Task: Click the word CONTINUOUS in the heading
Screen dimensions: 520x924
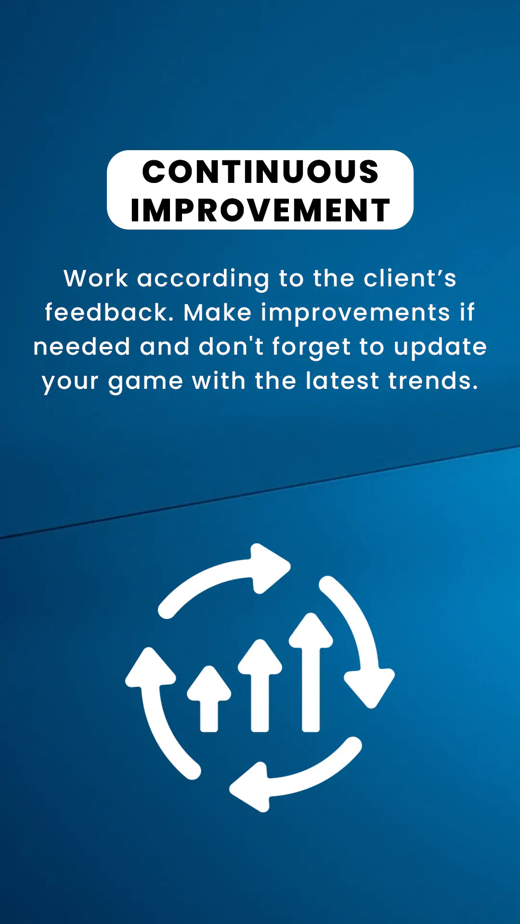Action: pyautogui.click(x=260, y=171)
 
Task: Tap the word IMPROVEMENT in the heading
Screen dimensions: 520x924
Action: pyautogui.click(x=260, y=210)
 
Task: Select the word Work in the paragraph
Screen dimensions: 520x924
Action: pyautogui.click(x=96, y=278)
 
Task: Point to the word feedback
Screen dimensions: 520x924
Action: pyautogui.click(x=109, y=312)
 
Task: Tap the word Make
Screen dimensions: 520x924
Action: pyautogui.click(x=218, y=312)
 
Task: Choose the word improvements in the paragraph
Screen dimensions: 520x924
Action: pyautogui.click(x=355, y=313)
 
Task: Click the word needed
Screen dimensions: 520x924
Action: pyautogui.click(x=82, y=346)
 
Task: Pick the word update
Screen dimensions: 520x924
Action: pyautogui.click(x=440, y=347)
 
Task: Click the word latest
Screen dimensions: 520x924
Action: pyautogui.click(x=342, y=381)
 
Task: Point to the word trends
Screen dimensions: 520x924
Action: pyautogui.click(x=433, y=381)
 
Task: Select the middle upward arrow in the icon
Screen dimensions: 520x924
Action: pyautogui.click(x=260, y=685)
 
